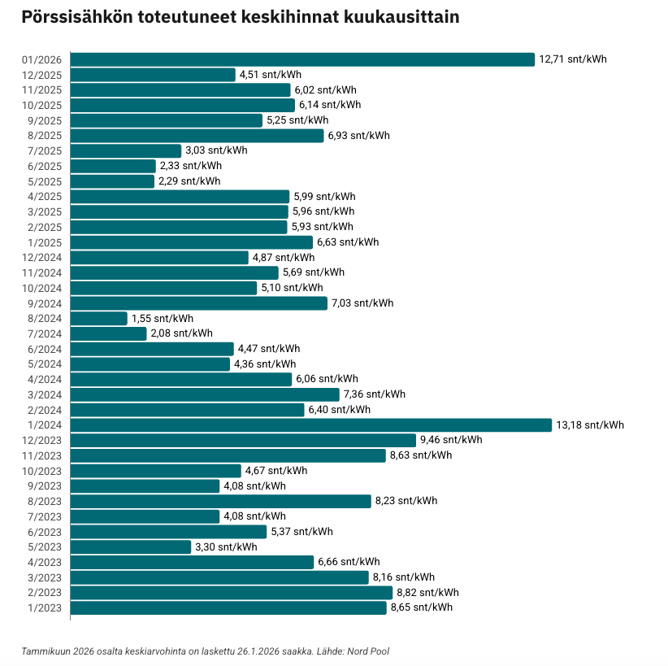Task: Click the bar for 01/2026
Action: [302, 59]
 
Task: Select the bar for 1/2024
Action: [311, 424]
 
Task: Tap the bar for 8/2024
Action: [99, 318]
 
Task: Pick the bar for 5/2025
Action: [112, 181]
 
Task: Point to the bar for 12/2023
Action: [243, 440]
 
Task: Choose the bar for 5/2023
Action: [131, 546]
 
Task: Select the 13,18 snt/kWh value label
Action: [590, 424]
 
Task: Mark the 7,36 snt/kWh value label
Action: [374, 394]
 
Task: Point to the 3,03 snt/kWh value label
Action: [216, 150]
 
